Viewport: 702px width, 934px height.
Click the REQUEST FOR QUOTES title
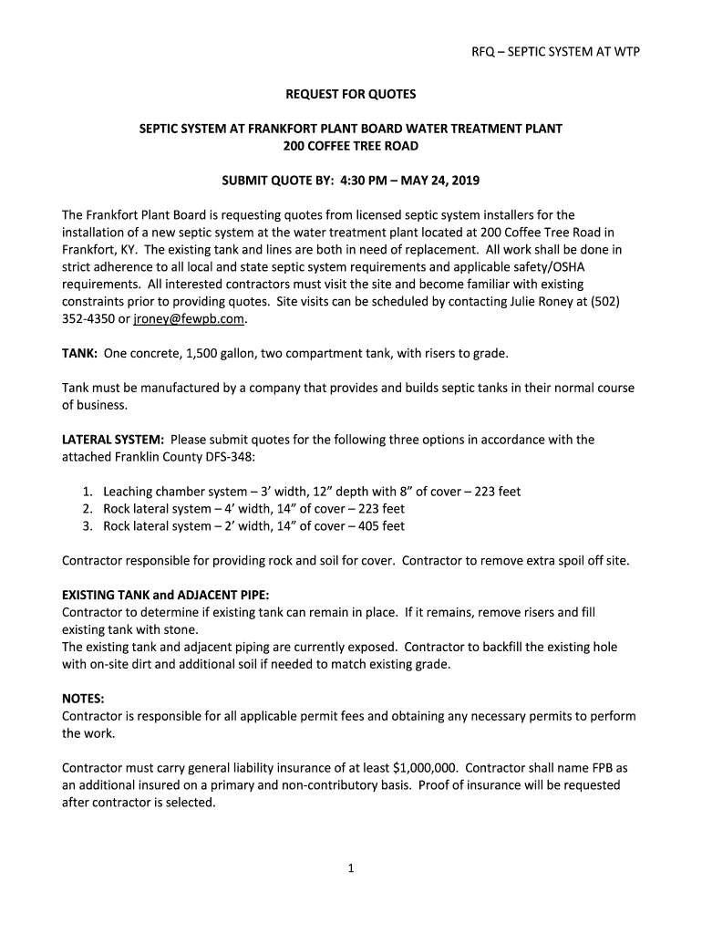351,94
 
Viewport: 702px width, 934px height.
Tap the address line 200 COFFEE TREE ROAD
351,146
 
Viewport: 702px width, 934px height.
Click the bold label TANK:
79,353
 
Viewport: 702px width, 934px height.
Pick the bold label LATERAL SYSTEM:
113,440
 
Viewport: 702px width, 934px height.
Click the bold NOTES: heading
83,699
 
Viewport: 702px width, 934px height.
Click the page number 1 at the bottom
350,869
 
